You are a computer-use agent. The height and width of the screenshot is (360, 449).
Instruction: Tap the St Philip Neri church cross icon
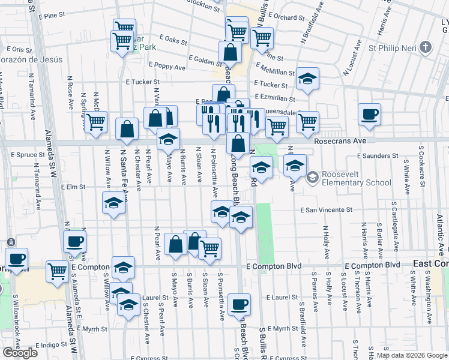pos(426,47)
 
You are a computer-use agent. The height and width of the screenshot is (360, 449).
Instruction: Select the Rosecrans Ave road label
pos(340,140)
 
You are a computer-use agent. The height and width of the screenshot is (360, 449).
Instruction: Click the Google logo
pos(20,353)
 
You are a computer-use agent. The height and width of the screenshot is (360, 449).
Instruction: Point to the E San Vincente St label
pos(326,210)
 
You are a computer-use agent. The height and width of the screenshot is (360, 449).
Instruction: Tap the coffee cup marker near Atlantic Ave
pos(369,114)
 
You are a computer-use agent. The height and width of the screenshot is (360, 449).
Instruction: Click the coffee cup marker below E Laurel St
pos(239,304)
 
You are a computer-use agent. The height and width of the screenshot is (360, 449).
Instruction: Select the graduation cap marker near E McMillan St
pos(307,79)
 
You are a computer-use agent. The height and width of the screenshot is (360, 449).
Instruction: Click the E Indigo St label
pos(53,345)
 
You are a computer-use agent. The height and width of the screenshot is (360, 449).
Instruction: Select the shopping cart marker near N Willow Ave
pos(95,122)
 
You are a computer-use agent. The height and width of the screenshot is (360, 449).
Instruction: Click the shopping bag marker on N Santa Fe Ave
pos(127,128)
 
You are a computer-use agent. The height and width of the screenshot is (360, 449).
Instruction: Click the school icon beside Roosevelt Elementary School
pos(312,177)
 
